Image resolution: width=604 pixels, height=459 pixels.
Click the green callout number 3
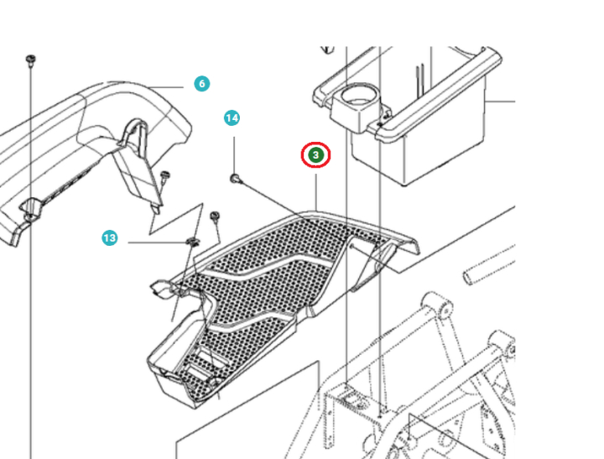click(x=316, y=155)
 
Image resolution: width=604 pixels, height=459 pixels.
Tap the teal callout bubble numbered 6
click(x=201, y=84)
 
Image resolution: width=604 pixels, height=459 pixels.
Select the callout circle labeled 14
click(x=232, y=118)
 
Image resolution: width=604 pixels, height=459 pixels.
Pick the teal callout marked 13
click(x=110, y=238)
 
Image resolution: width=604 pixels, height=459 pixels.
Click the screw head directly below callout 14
click(x=235, y=177)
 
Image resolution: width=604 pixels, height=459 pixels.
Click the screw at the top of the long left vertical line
click(x=30, y=59)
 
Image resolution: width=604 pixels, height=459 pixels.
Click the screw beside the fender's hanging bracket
click(x=165, y=175)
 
